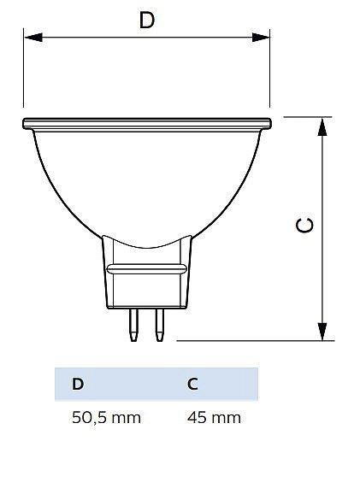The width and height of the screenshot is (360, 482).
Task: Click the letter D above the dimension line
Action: [x=147, y=20]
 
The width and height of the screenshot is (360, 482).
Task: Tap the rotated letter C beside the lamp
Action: [x=304, y=225]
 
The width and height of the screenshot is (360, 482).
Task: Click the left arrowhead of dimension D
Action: [x=33, y=38]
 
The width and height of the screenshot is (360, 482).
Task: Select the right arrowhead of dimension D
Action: [x=261, y=38]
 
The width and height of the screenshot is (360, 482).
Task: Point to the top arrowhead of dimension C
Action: [x=322, y=126]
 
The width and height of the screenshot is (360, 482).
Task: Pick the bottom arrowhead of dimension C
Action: [x=322, y=332]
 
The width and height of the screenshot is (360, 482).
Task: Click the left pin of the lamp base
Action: [x=133, y=325]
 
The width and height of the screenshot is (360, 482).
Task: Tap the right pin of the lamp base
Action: [x=159, y=325]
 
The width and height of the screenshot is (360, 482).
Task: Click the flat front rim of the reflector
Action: [x=147, y=124]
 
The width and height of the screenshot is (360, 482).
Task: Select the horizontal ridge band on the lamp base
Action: [x=146, y=268]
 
